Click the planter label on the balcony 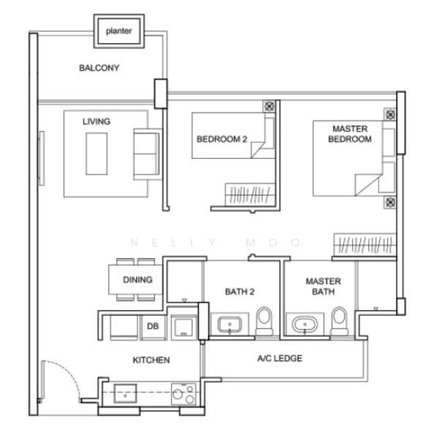[119, 31]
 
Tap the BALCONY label [99, 68]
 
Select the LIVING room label [97, 121]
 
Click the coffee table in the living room [97, 154]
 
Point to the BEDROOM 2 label [222, 139]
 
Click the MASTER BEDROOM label [350, 134]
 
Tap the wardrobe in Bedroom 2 [250, 194]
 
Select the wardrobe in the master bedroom [364, 244]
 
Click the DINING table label [138, 279]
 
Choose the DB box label [153, 326]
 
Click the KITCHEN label [152, 360]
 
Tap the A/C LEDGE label [280, 359]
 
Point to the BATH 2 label [239, 291]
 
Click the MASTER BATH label [324, 286]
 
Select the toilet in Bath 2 [264, 321]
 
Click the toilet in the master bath [340, 321]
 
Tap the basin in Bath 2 [230, 325]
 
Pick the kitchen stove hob [183, 394]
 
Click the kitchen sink [125, 394]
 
